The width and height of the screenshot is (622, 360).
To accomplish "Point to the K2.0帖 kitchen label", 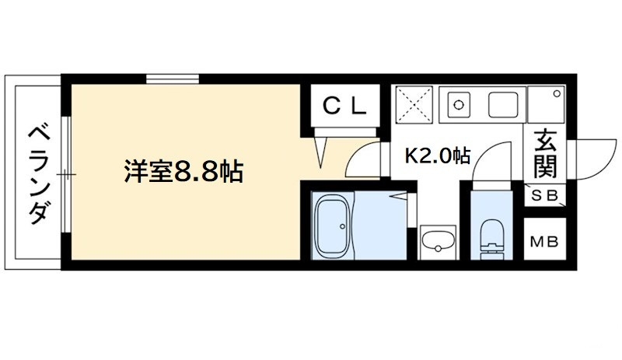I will click(x=437, y=155).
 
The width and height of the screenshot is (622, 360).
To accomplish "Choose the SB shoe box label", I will click(x=545, y=196).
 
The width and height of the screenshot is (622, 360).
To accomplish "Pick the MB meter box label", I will click(x=545, y=241).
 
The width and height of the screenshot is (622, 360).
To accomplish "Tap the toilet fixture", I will click(x=491, y=237).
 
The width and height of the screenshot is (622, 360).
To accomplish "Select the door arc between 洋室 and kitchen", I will click(x=362, y=159).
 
